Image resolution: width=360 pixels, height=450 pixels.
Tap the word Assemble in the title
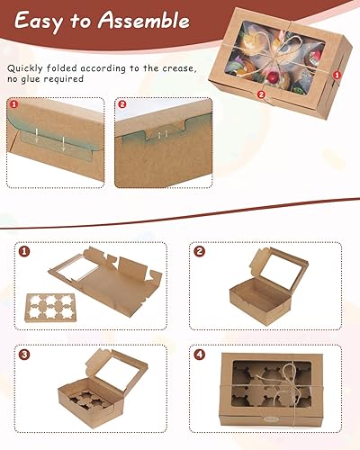(144, 21)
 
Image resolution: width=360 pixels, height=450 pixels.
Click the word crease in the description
(179, 68)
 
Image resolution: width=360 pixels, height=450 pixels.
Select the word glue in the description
(31, 79)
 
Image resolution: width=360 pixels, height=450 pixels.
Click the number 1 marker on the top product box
(337, 75)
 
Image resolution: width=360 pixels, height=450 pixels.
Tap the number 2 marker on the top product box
(261, 94)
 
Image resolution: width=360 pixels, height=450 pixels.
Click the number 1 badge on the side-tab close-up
(14, 104)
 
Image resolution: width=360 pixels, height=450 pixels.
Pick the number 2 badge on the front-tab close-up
(121, 104)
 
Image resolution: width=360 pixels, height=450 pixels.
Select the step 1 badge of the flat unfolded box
(24, 251)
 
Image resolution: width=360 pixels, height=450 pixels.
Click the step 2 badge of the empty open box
(200, 251)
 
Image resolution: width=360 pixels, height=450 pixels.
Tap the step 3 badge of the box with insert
(24, 355)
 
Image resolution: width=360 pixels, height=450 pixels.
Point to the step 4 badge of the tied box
(200, 355)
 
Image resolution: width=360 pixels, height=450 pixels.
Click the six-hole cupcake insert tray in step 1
(49, 308)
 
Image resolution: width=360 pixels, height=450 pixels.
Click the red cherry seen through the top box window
(273, 77)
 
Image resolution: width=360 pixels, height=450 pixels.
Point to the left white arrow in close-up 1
(36, 136)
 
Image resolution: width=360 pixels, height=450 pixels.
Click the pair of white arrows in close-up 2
(161, 135)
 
